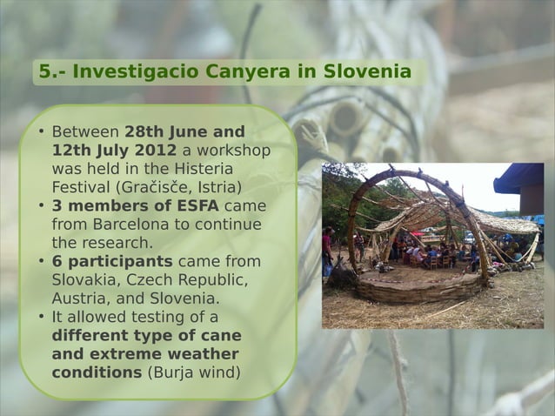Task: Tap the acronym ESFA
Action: pos(198,206)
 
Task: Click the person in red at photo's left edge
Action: pos(328,248)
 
